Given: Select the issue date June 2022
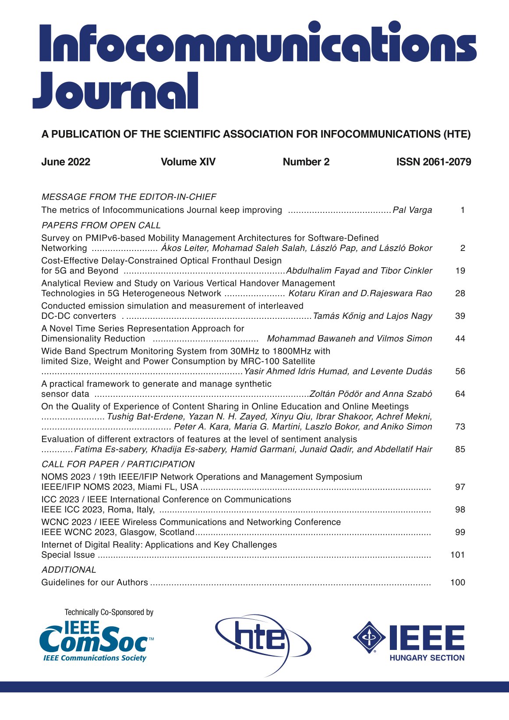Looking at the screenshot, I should coord(66,162).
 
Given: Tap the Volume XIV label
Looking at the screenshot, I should coord(188,162).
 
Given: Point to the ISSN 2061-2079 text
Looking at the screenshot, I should coord(433,162).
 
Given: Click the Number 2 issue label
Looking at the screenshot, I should coord(306,162).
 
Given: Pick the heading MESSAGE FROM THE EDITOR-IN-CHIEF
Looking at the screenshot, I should coord(129,197).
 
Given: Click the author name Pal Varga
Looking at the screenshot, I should coord(412,210).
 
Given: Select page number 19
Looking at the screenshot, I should coord(460,271).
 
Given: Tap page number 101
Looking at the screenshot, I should coord(457,555).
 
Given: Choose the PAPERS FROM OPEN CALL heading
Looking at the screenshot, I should coord(101,226).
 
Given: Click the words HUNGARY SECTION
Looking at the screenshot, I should coord(427,658).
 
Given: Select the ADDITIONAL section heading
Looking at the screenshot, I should coord(68,570).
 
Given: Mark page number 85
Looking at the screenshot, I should coord(460,449).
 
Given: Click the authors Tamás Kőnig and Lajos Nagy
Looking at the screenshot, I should coord(372,316).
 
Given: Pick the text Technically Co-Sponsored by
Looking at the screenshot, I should coord(109,612).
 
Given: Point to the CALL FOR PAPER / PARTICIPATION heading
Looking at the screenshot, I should coord(118,464).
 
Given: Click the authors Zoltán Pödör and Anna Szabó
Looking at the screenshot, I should coord(371,394).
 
